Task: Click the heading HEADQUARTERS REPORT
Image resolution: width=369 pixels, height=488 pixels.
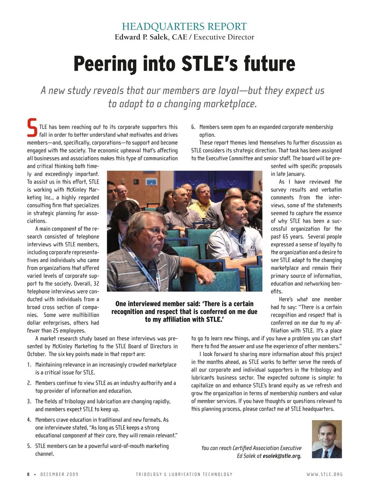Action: coord(184,27)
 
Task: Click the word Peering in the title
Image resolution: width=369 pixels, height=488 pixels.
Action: coord(105,64)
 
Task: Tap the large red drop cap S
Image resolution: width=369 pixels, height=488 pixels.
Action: coord(32,128)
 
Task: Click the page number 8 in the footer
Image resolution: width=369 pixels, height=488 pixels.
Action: coord(28,474)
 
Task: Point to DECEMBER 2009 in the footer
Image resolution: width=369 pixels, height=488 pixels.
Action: coord(59,474)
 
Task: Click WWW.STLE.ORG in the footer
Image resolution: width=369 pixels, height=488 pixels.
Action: coord(324,474)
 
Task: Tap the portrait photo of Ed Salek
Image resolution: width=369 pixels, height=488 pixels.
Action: coord(326,439)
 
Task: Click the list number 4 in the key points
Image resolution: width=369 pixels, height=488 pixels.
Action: coord(29,420)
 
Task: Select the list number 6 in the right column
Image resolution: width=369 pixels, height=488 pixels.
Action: coord(193,127)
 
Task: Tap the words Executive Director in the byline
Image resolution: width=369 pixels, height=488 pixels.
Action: coord(224,37)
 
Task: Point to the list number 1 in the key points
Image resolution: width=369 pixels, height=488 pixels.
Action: coord(29,365)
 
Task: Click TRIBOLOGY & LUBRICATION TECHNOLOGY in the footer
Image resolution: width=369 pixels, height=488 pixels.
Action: coord(184,474)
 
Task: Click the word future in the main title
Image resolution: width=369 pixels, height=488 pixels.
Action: coord(269,64)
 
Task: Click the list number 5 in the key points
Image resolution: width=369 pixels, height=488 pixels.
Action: coord(29,446)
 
